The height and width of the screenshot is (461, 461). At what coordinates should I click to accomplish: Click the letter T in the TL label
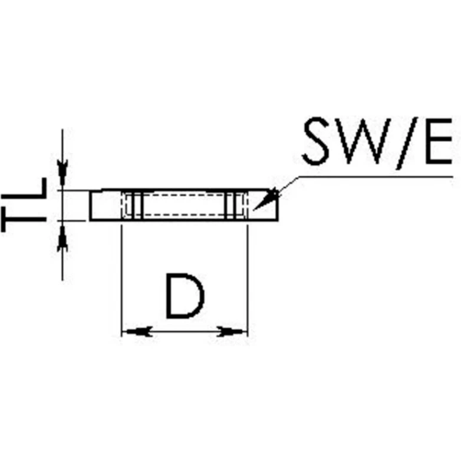(24, 221)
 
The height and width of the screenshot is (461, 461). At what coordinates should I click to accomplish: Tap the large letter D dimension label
(185, 296)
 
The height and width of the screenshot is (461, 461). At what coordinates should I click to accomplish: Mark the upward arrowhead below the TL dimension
(62, 239)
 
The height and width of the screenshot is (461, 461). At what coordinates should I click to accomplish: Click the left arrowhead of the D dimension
(134, 332)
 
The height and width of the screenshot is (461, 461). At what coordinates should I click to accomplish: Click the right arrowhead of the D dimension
(233, 332)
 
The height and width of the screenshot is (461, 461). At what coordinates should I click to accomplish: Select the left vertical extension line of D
(121, 277)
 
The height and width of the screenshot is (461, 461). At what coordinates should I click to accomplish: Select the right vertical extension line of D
(248, 277)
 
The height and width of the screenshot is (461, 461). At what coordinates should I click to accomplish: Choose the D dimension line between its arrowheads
(184, 332)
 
